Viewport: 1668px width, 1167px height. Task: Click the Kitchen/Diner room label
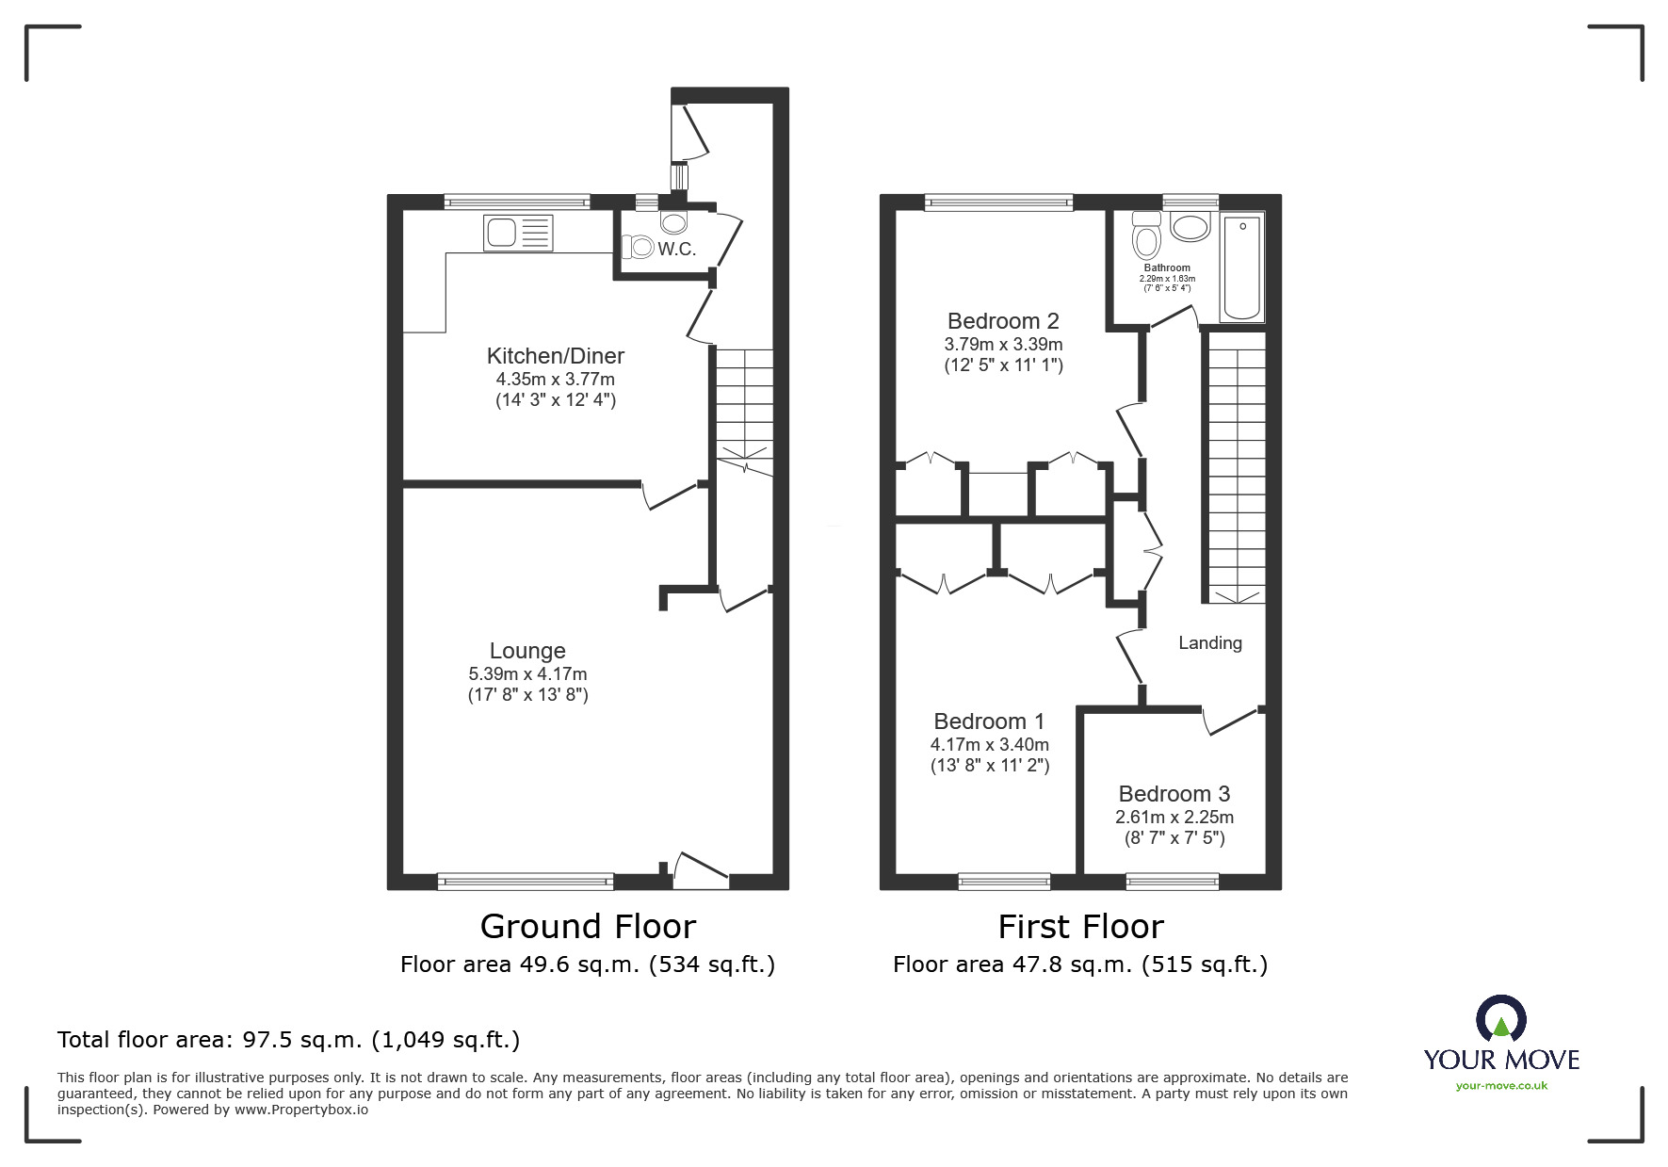click(x=555, y=356)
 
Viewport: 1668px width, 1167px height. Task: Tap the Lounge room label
click(x=527, y=651)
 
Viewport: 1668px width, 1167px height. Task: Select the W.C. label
click(x=676, y=250)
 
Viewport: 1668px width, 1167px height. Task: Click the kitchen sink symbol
click(x=518, y=234)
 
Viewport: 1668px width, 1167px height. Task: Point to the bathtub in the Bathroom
click(x=1242, y=267)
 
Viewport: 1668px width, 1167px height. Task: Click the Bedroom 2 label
click(x=1004, y=321)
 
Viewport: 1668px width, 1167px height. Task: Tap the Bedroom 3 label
click(x=1174, y=794)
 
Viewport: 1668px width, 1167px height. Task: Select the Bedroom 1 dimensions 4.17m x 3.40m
click(x=990, y=744)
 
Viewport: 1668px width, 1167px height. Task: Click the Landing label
click(x=1210, y=643)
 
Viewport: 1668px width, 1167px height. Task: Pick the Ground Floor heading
click(x=588, y=927)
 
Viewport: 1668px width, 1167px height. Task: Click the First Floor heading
click(x=1080, y=927)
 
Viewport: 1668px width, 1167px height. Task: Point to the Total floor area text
click(x=288, y=1040)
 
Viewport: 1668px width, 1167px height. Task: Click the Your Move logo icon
click(x=1500, y=1019)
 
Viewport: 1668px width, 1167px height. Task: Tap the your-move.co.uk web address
click(x=1501, y=1086)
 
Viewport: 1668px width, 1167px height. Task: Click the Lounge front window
click(x=526, y=882)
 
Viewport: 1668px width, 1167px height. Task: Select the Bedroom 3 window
click(x=1173, y=882)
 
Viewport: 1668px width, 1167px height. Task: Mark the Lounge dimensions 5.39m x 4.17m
click(x=527, y=674)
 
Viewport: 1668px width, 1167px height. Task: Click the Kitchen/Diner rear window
click(x=517, y=201)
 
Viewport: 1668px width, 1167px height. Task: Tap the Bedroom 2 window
click(x=998, y=201)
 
